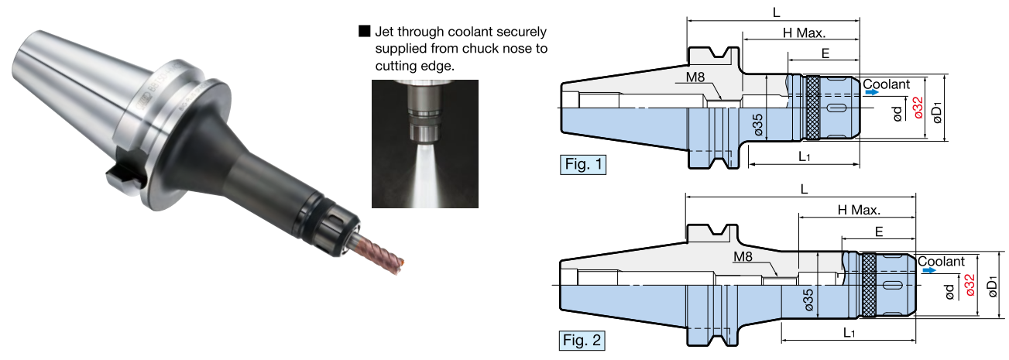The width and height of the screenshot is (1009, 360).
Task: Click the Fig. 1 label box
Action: pyautogui.click(x=583, y=165)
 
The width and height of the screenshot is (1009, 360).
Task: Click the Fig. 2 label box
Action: pyautogui.click(x=583, y=339)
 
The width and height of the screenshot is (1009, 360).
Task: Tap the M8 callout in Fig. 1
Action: pyautogui.click(x=694, y=78)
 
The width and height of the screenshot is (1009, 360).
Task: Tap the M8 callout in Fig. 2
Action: pyautogui.click(x=743, y=256)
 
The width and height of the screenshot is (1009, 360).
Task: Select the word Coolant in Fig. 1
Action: pyautogui.click(x=886, y=83)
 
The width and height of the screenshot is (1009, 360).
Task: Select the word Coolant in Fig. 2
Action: pyautogui.click(x=941, y=262)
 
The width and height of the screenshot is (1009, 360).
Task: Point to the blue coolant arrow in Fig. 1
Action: pyautogui.click(x=873, y=92)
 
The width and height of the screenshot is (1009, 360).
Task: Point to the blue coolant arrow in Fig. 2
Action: pyautogui.click(x=927, y=271)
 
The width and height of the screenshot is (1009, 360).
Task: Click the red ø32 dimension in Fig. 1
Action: pyautogui.click(x=917, y=107)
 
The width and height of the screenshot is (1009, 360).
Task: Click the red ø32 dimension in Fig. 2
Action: pyautogui.click(x=970, y=286)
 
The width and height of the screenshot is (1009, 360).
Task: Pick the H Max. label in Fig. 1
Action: pyautogui.click(x=804, y=33)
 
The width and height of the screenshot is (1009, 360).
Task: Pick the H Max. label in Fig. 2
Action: pyautogui.click(x=860, y=210)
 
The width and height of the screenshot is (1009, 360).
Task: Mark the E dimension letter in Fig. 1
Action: pyautogui.click(x=825, y=55)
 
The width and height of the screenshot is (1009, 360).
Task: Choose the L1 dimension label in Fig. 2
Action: pyautogui.click(x=849, y=333)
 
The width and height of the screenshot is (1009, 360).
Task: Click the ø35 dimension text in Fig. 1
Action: pyautogui.click(x=758, y=125)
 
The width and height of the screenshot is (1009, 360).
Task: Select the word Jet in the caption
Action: pyautogui.click(x=386, y=33)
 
